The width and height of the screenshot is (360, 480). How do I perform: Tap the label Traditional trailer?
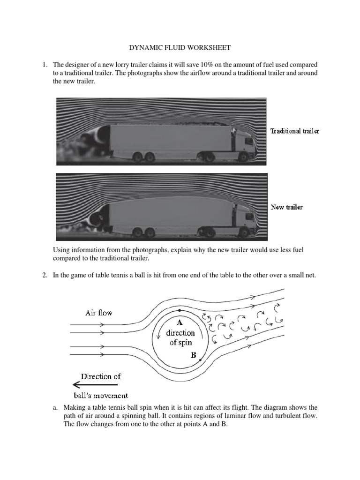click(294, 131)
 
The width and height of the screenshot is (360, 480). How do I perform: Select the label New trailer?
click(286, 207)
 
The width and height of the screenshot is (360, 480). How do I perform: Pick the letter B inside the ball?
click(193, 356)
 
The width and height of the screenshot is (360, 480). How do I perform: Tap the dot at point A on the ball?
click(179, 310)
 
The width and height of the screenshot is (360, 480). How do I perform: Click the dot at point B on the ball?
click(200, 360)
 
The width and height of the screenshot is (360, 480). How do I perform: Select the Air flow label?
click(98, 313)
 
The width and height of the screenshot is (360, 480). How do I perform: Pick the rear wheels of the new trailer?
click(142, 232)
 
